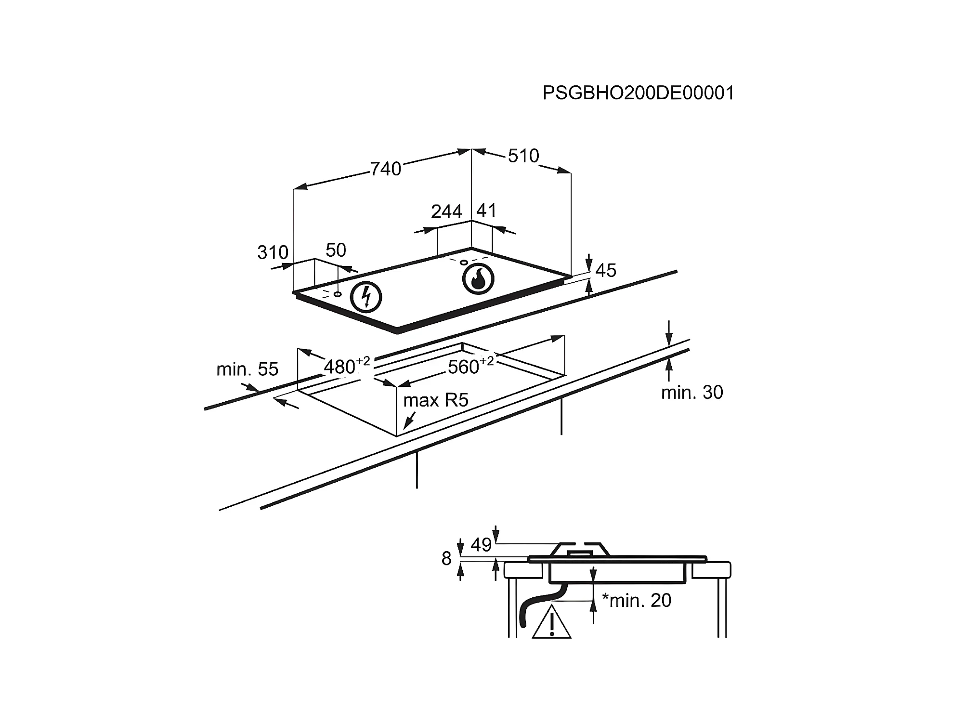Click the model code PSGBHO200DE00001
pos(638,93)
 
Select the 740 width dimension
pos(385,169)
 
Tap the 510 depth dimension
pos(523,156)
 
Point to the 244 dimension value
pos(446,212)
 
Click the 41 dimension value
pos(486,211)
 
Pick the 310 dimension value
pos(273,252)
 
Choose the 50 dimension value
pos(336,250)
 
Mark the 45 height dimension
pos(606,271)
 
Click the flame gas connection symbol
pos(478,279)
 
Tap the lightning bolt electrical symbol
pos(366,297)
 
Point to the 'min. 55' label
pos(247,369)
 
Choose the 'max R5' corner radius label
pos(436,400)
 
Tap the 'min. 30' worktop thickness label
pos(691,393)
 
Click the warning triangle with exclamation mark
pos(551,624)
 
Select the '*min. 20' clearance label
pos(636,601)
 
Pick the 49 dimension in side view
pos(481,545)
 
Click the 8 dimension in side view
pos(446,559)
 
